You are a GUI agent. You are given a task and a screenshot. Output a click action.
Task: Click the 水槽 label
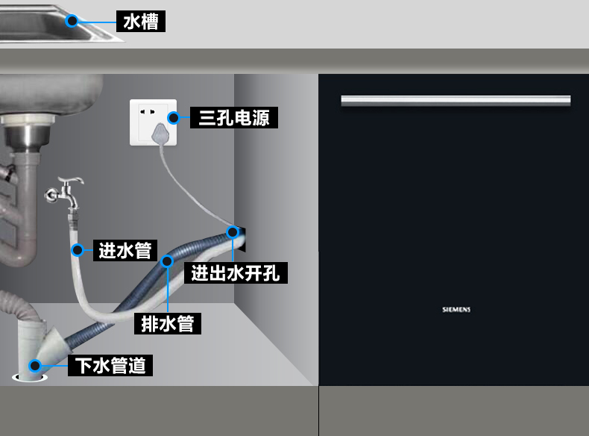(141, 21)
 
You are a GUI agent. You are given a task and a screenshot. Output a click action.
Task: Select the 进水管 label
(125, 250)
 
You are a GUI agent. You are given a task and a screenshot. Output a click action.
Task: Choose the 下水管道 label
(111, 366)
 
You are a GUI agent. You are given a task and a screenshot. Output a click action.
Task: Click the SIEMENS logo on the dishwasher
(456, 309)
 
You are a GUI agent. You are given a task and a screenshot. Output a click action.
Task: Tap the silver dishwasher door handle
(456, 101)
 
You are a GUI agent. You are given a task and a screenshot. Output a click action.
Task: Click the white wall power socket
(154, 122)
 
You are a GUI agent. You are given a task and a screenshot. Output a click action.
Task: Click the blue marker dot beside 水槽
(72, 21)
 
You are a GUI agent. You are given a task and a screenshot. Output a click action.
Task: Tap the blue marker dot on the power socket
(173, 117)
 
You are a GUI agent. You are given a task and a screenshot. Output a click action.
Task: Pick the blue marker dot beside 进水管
(77, 250)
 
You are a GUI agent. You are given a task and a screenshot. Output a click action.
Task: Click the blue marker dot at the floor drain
(34, 366)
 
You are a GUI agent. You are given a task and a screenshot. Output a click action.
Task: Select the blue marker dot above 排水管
(167, 261)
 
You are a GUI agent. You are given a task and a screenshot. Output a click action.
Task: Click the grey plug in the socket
(159, 134)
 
